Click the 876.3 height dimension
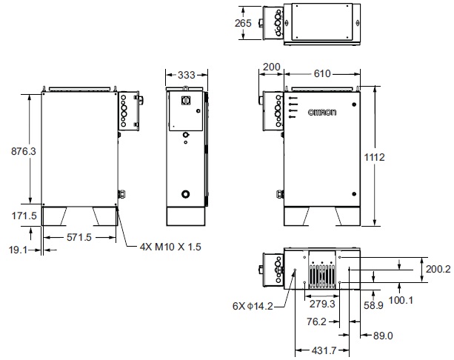[24, 151]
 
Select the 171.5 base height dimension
[24, 216]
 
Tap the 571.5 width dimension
[79, 238]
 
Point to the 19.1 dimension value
[18, 250]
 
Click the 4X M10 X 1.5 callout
[170, 247]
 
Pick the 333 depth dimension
[187, 75]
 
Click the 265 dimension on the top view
[243, 23]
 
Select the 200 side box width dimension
[272, 67]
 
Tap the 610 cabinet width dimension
[322, 73]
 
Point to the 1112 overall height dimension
[374, 157]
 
